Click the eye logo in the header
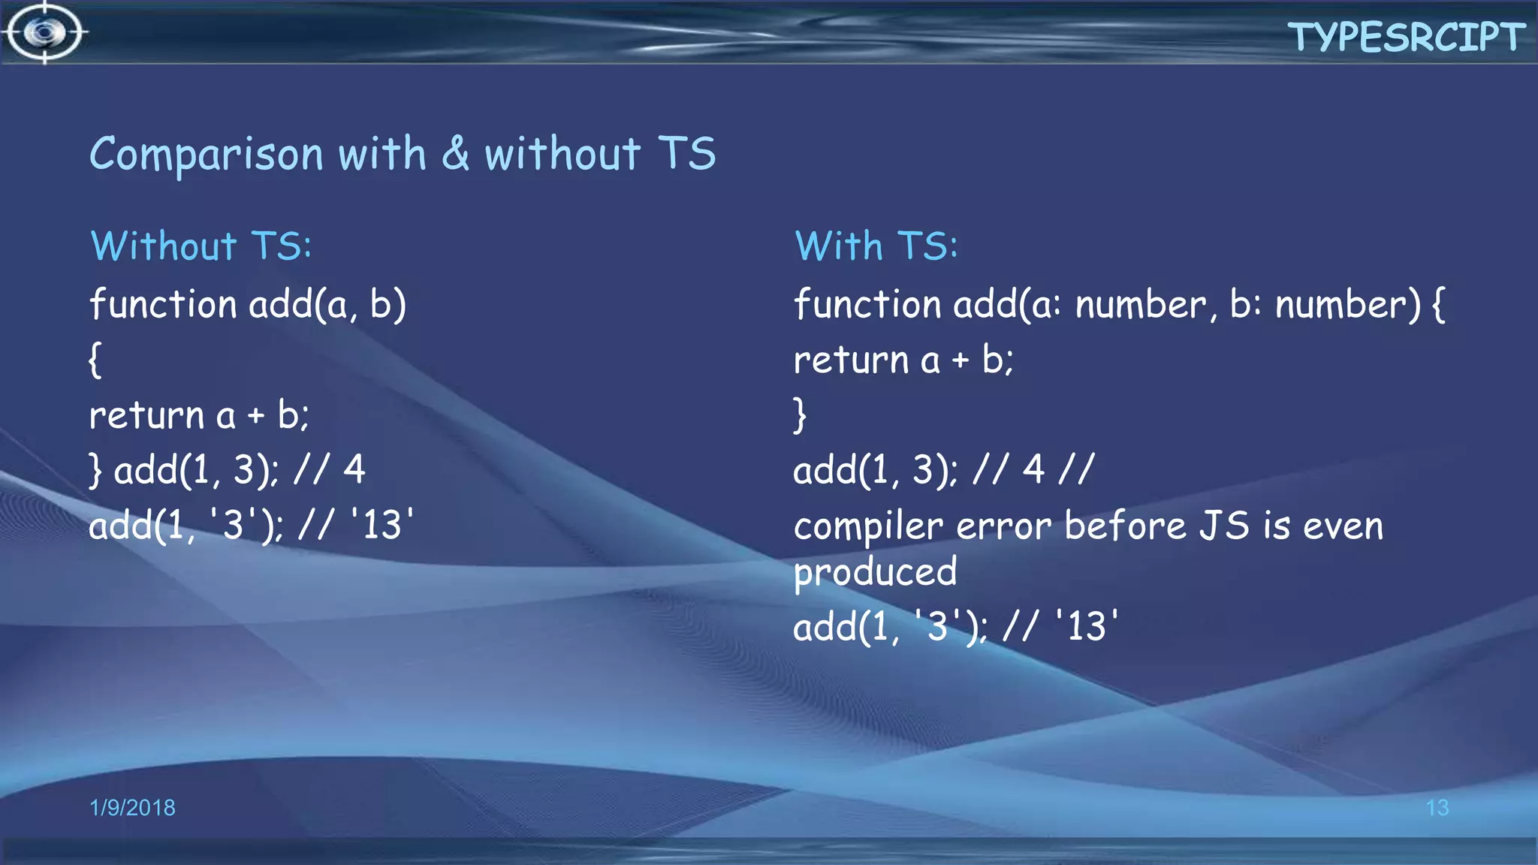click(x=45, y=32)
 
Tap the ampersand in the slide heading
click(x=455, y=153)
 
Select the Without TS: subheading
click(x=201, y=246)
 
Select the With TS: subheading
click(x=876, y=246)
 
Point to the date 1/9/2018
click(x=132, y=807)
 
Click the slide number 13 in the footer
click(x=1437, y=808)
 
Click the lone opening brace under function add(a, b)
click(x=95, y=360)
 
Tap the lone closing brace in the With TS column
click(x=800, y=415)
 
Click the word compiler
click(x=867, y=526)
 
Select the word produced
click(x=875, y=573)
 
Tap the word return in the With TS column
click(x=851, y=360)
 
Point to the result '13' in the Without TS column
click(x=382, y=524)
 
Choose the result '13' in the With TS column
click(x=1086, y=626)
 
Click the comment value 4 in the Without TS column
click(x=354, y=470)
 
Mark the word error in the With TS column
click(x=1003, y=526)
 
